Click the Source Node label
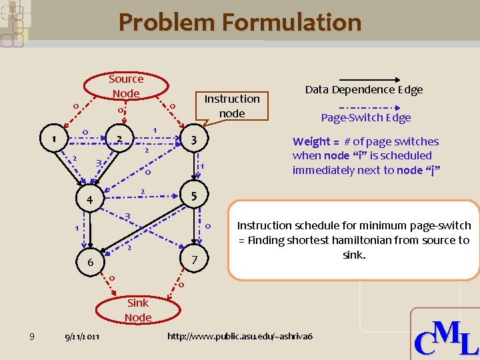click(x=126, y=86)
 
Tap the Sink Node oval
click(x=138, y=310)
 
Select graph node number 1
click(x=54, y=139)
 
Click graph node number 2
click(x=118, y=139)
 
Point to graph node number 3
click(x=193, y=140)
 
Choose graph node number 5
click(x=193, y=197)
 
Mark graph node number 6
click(x=90, y=263)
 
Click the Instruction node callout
click(x=232, y=105)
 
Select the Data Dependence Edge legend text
click(x=364, y=89)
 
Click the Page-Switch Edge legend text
click(x=366, y=118)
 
